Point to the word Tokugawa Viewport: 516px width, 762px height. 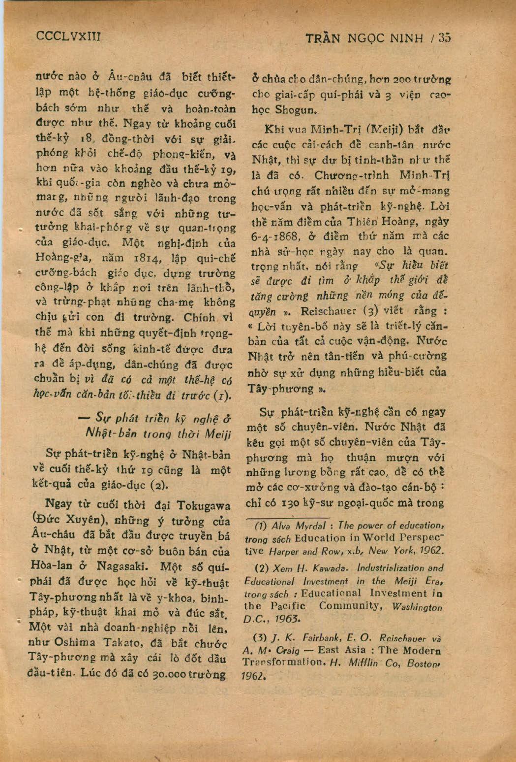[203, 505]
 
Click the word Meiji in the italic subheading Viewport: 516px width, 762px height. [217, 435]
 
